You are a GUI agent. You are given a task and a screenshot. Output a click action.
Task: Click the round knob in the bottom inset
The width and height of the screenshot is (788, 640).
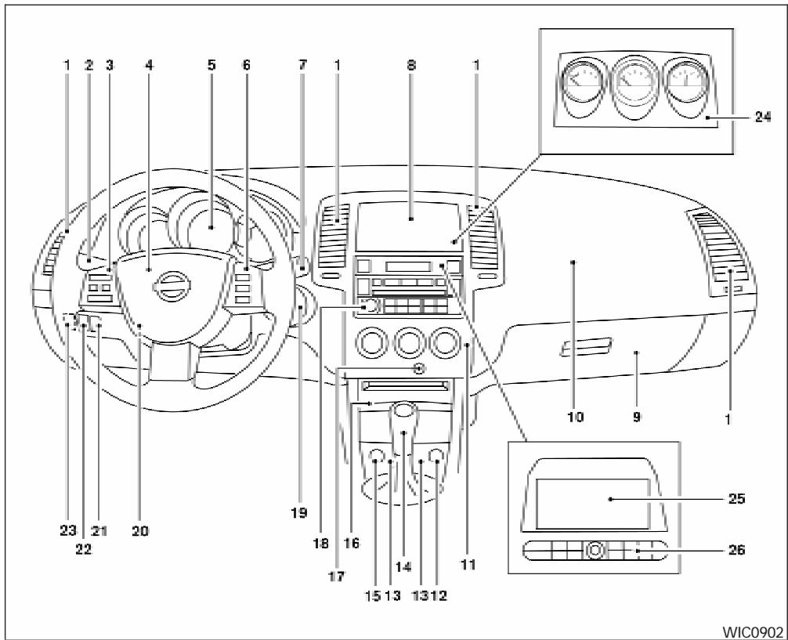point(595,551)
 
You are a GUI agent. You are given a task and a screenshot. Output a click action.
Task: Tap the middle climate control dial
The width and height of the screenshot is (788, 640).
point(408,342)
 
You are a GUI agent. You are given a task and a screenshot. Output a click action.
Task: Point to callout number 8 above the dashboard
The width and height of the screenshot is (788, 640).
point(411,67)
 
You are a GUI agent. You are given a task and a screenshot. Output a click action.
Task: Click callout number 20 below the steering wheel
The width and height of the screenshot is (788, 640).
point(140,530)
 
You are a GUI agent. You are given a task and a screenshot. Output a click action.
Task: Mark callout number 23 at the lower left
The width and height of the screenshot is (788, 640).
point(67,530)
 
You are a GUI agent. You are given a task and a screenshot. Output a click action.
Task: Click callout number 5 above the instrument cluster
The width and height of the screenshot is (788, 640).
point(211,67)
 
